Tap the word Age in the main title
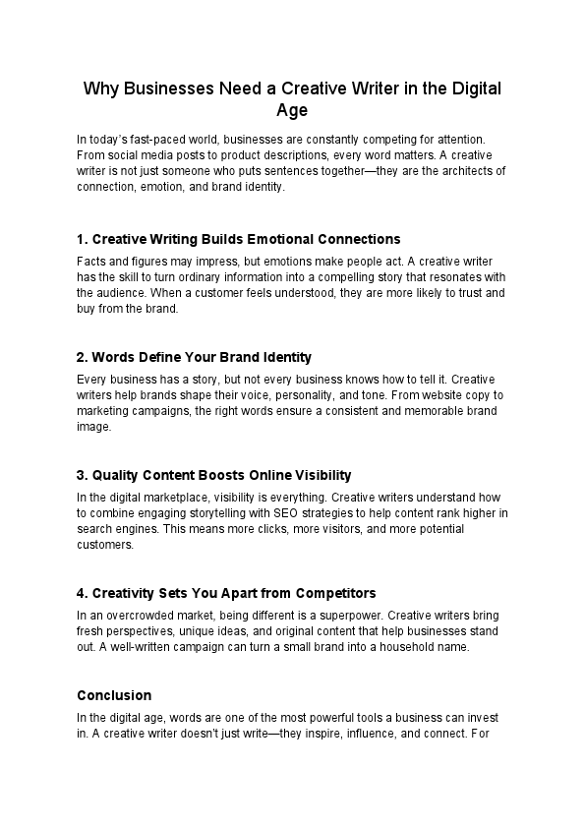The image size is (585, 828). tap(292, 110)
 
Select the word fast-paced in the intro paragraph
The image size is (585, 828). tap(178, 141)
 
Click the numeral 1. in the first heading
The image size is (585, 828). tap(82, 239)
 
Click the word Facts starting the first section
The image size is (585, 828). tap(91, 263)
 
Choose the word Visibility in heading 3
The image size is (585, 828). tap(318, 474)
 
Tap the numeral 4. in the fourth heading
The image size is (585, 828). tap(82, 593)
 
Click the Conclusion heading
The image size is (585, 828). tap(114, 695)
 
